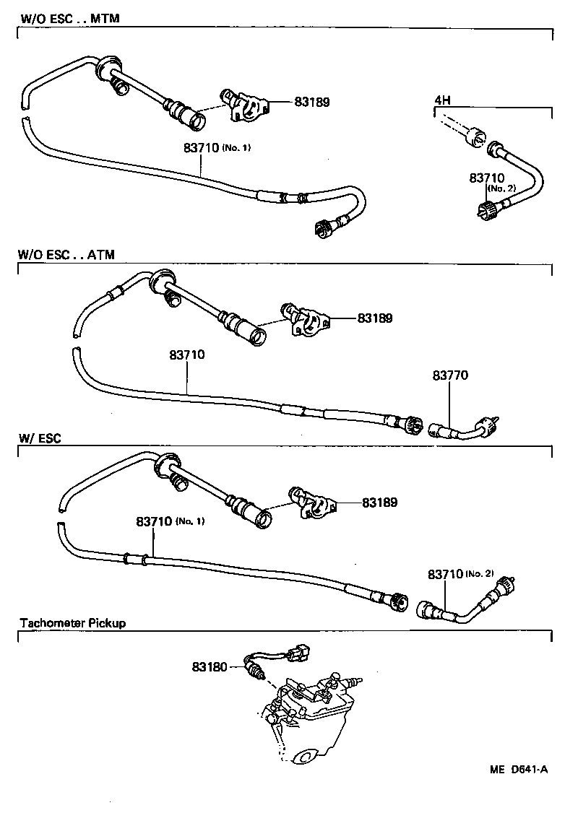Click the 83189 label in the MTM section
pos(311,103)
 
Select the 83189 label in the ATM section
pos(374,318)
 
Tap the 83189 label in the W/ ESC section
pos(379,502)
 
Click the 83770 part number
pos(451,375)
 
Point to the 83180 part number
pos(210,666)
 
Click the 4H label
pos(442,100)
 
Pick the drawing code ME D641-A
pos(519,770)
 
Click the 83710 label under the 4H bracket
pos(486,178)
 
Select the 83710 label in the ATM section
pos(188,355)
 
